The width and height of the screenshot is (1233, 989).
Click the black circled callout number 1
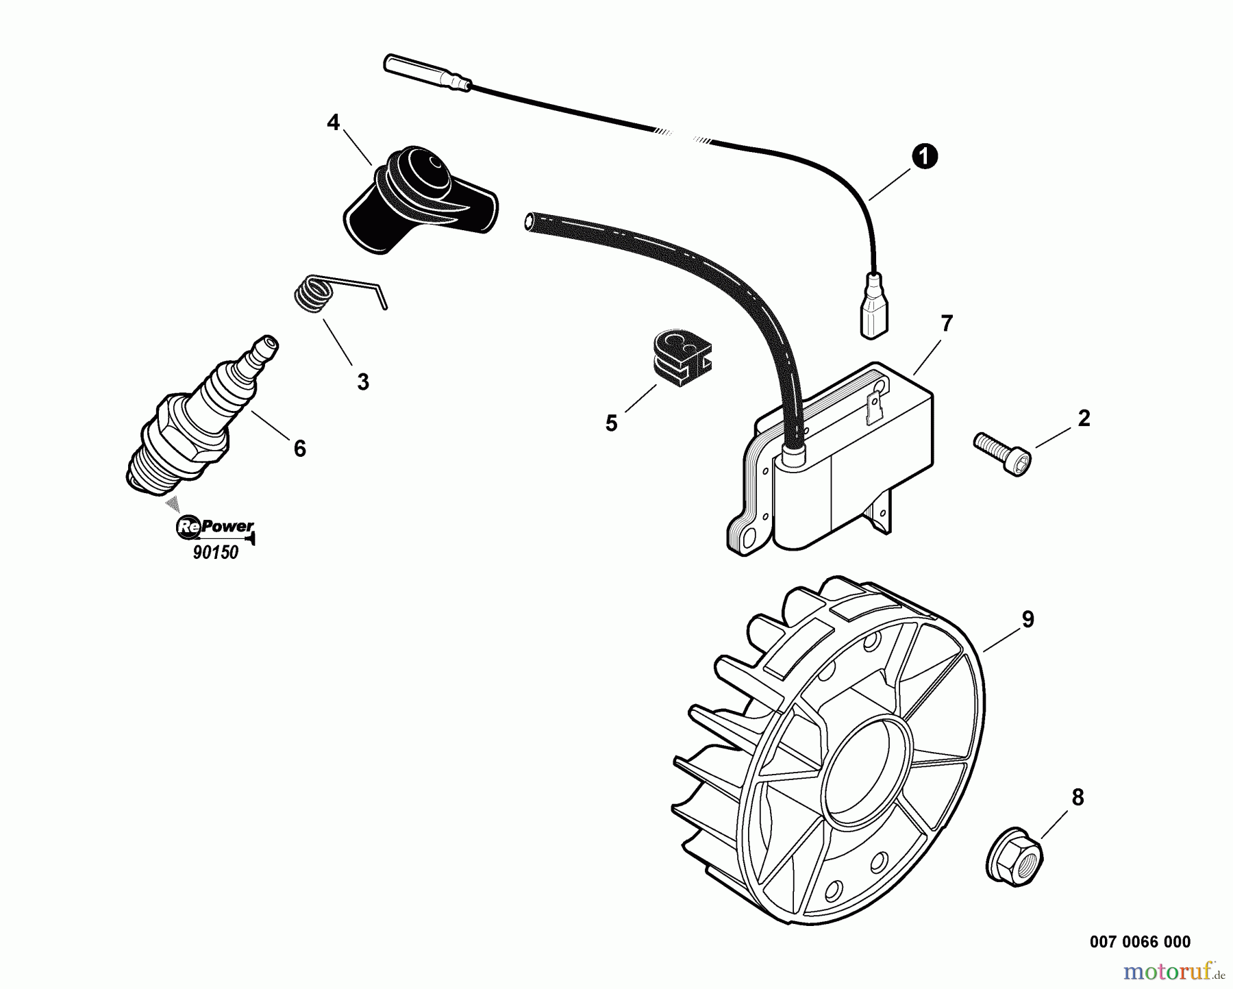[x=924, y=157]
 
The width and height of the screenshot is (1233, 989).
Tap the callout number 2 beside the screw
[x=1084, y=418]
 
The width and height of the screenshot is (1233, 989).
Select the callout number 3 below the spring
[x=363, y=381]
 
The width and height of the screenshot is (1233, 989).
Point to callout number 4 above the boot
[x=333, y=123]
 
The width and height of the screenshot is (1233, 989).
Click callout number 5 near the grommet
[x=611, y=423]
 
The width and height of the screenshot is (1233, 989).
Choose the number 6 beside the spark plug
[x=299, y=449]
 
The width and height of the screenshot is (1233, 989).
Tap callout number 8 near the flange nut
[x=1078, y=797]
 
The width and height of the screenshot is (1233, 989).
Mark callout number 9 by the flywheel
[x=1027, y=619]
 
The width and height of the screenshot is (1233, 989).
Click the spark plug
[x=203, y=414]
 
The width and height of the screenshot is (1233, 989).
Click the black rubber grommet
[x=680, y=354]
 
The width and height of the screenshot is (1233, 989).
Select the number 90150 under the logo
[x=216, y=553]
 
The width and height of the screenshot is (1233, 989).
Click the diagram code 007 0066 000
[x=1140, y=942]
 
